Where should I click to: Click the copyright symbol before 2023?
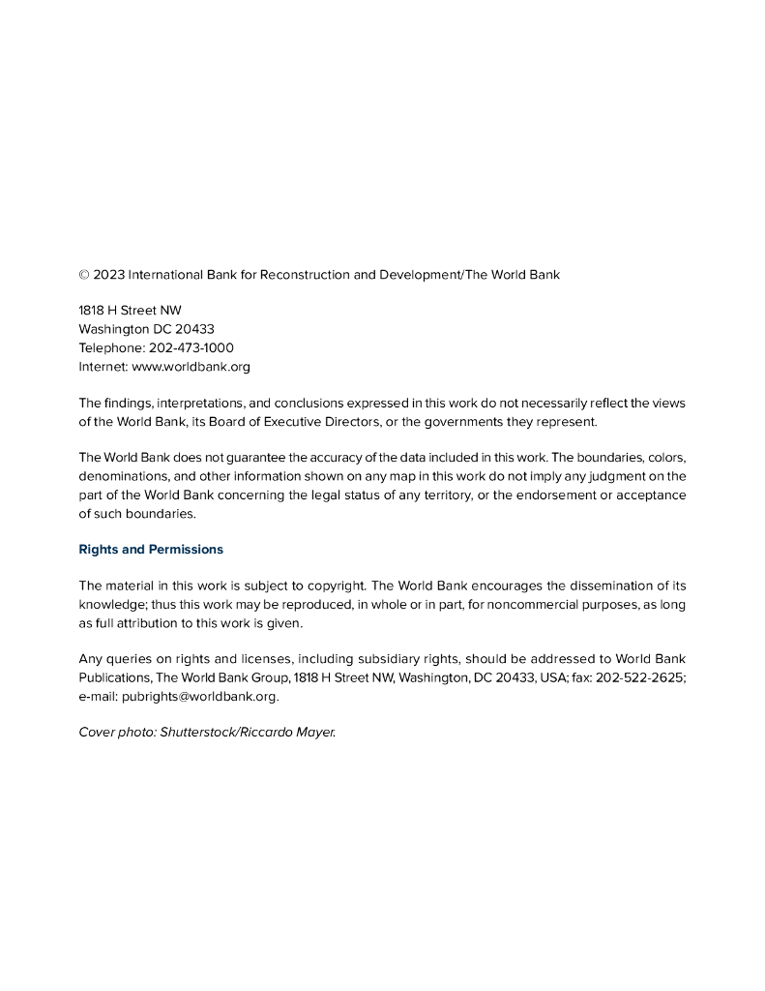[x=83, y=275]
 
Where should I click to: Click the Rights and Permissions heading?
[x=151, y=550]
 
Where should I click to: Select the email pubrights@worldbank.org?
[x=199, y=697]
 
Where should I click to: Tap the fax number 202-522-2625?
[x=640, y=678]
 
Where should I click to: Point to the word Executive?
[x=308, y=422]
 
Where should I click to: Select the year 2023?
[x=108, y=275]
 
